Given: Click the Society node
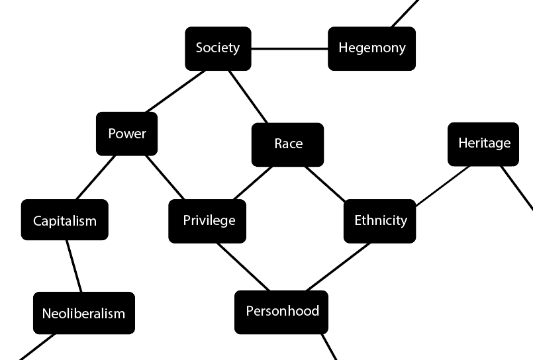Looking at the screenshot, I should coord(218,48).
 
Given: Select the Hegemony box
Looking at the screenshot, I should coord(371,48).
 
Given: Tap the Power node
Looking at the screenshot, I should coord(127,134).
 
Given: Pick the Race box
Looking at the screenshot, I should coord(287,144).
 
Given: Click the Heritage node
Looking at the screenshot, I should coord(483,144).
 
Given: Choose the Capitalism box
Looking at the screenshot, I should coord(65,220).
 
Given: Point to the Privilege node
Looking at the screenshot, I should coord(208,220).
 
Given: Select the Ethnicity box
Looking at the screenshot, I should coord(380,220).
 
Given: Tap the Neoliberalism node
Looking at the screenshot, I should coord(83,313).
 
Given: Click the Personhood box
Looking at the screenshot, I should coord(281,312).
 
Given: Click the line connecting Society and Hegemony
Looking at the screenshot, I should coord(289,48).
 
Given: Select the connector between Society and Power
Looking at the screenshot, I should coord(175,91).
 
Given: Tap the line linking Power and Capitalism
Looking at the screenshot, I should coord(96,177).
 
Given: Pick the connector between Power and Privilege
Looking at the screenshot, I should coord(166,177).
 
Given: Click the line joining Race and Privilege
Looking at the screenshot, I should coord(252,183).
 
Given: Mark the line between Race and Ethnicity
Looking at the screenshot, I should coord(324,183).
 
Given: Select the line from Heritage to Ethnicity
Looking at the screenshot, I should coord(442,186).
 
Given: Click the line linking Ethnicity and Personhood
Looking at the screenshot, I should coord(338,267).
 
